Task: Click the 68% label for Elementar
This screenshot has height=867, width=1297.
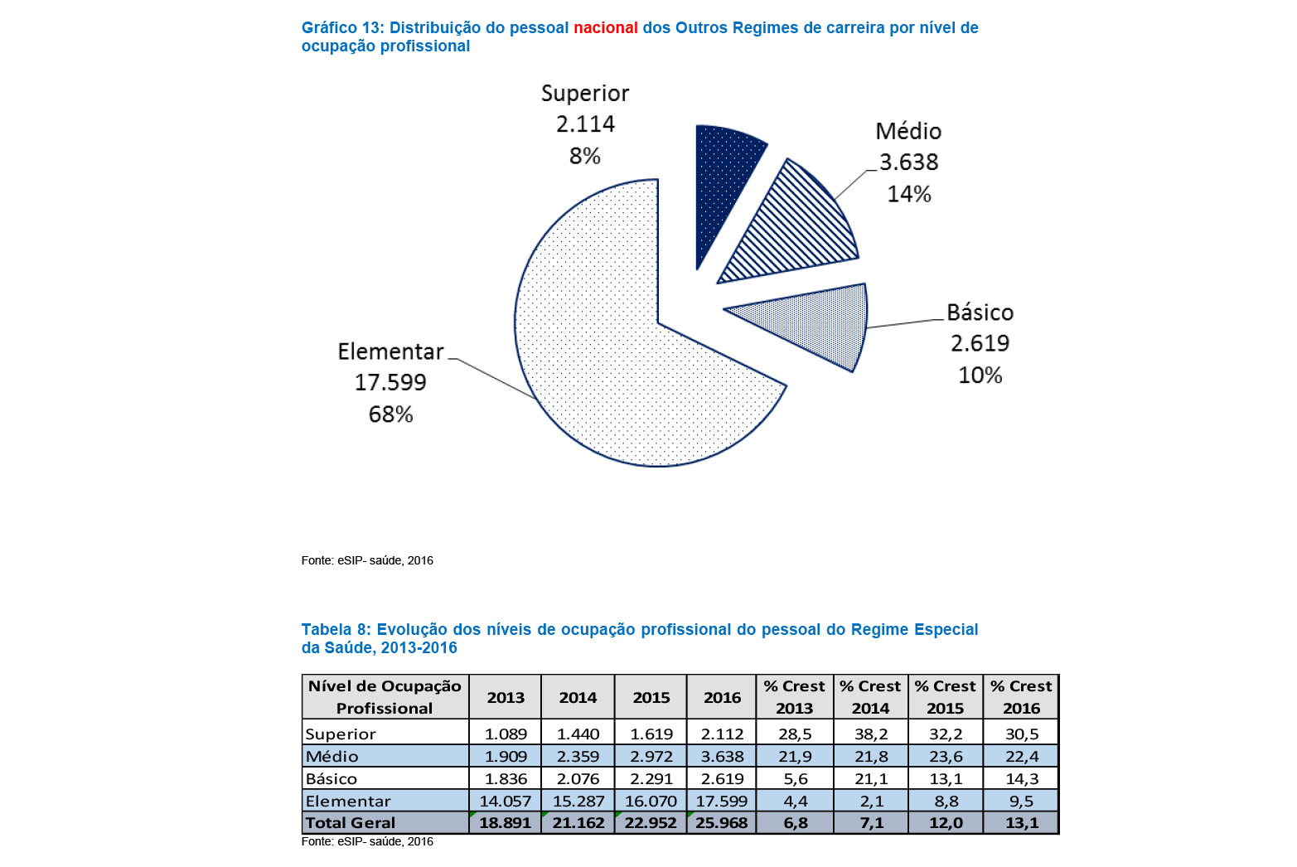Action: tap(391, 414)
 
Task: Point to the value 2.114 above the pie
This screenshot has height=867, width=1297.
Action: tap(585, 124)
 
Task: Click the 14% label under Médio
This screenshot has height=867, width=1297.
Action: tap(909, 194)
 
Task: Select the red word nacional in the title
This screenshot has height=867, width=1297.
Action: tap(606, 28)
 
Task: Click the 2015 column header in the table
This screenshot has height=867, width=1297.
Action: tap(651, 697)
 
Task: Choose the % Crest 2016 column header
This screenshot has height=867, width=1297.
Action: tap(1021, 697)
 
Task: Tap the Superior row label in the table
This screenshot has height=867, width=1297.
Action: tap(341, 734)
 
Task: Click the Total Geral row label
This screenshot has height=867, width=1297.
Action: tap(351, 822)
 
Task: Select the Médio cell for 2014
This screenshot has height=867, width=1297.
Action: tap(578, 756)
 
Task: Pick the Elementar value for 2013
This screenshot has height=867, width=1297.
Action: tap(505, 801)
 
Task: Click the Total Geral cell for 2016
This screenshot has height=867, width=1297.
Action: tap(722, 822)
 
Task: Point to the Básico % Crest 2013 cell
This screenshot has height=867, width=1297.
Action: tap(795, 778)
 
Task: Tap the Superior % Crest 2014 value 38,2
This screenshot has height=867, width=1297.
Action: tap(871, 734)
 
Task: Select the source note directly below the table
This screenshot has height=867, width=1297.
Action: tap(367, 841)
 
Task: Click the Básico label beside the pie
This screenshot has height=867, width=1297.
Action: tap(980, 312)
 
